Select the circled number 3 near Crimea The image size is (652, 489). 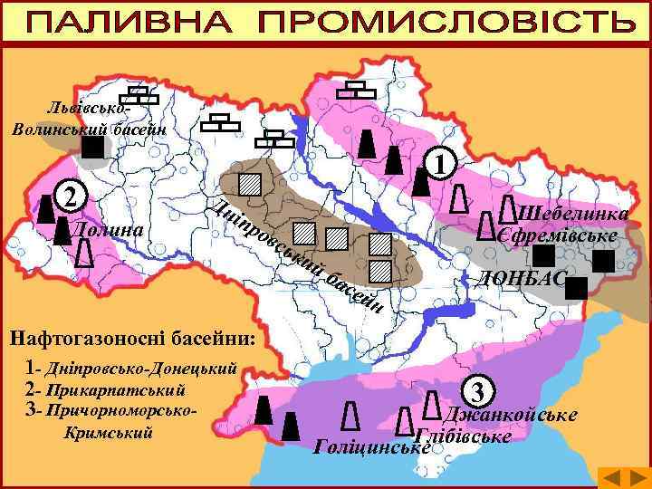point(482,392)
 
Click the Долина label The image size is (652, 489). point(106,229)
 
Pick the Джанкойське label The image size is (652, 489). point(513,415)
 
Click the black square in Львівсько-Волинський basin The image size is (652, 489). point(92,146)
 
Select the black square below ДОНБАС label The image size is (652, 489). point(577,288)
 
